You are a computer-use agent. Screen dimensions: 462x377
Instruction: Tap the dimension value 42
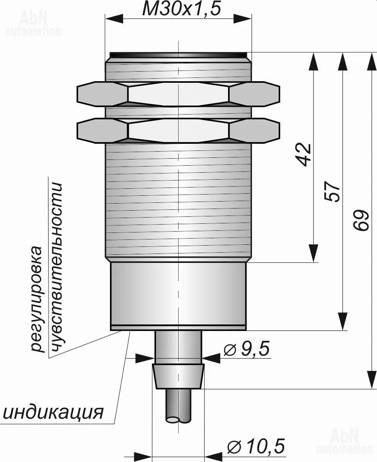tap(304, 155)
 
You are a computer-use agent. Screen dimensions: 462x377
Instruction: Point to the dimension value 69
tap(361, 221)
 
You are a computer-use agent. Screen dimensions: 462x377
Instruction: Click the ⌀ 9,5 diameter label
tap(247, 349)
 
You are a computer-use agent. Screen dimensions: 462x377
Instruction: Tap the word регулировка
tap(37, 299)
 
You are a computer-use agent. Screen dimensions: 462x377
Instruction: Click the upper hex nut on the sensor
tap(178, 93)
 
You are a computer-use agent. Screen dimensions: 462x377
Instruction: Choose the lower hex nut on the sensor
tap(178, 130)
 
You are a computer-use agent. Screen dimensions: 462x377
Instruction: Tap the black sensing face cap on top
tap(178, 54)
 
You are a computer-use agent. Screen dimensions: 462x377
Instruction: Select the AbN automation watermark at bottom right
tap(345, 441)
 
